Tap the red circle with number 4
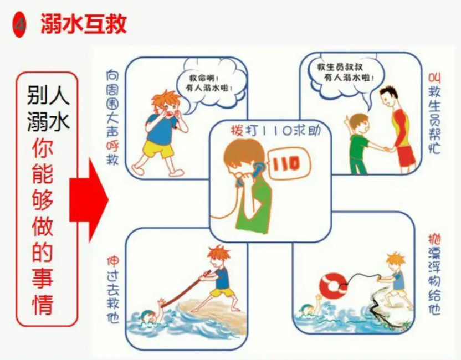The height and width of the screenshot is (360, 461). coord(19,24)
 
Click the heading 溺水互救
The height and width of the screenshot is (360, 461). coord(84,24)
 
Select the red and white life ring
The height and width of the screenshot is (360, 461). coord(334,286)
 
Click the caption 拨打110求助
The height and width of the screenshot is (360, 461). coord(275,131)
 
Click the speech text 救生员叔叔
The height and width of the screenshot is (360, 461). coord(340,68)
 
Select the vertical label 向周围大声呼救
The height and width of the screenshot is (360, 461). coord(112,117)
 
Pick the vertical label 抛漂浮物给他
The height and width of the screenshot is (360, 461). coord(434,274)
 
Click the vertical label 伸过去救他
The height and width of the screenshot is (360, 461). coord(113,290)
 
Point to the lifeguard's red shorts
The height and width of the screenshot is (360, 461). coord(406,156)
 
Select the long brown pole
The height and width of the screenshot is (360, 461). coord(186,290)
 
